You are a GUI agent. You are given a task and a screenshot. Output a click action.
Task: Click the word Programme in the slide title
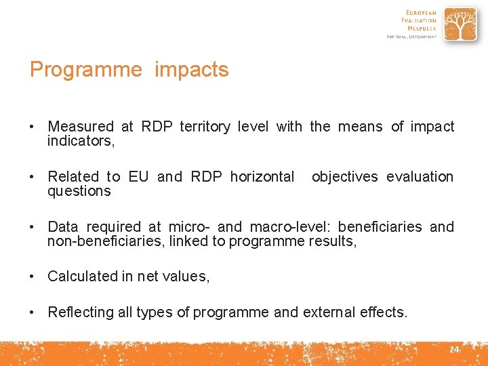[85, 70]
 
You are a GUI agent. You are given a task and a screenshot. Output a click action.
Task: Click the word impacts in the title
[192, 70]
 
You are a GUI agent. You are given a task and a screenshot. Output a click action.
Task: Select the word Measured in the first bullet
[81, 127]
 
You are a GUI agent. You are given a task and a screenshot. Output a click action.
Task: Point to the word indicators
[81, 141]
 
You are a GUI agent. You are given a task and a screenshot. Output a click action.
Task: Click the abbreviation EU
[138, 177]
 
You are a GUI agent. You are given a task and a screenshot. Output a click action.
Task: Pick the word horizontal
[262, 177]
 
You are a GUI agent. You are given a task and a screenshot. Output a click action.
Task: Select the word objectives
[344, 177]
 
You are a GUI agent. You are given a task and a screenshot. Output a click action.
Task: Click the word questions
[79, 191]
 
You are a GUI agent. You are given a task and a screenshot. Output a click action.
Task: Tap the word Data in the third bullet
[62, 227]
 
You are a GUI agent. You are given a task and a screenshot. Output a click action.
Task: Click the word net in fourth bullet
[147, 277]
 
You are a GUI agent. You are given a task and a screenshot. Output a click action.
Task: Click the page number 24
[454, 350]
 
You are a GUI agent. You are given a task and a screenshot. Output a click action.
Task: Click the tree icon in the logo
[460, 25]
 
